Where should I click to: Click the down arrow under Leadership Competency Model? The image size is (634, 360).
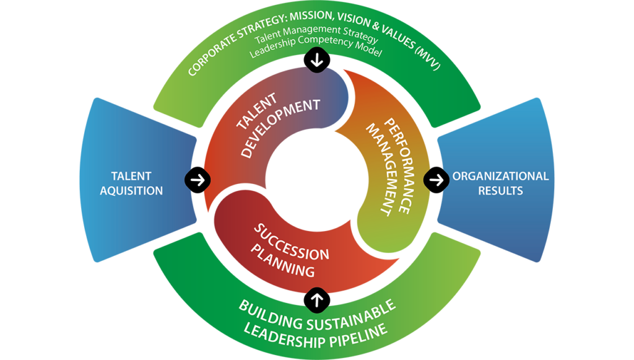point(317,61)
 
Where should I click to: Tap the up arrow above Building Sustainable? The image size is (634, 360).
point(317,299)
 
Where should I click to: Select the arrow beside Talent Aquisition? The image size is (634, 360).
point(198,180)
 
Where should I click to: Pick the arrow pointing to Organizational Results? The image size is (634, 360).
point(436,180)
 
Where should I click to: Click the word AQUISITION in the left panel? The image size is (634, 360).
point(131,191)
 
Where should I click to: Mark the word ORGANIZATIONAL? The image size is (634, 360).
point(500,176)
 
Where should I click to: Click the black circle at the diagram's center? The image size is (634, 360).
point(317,180)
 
